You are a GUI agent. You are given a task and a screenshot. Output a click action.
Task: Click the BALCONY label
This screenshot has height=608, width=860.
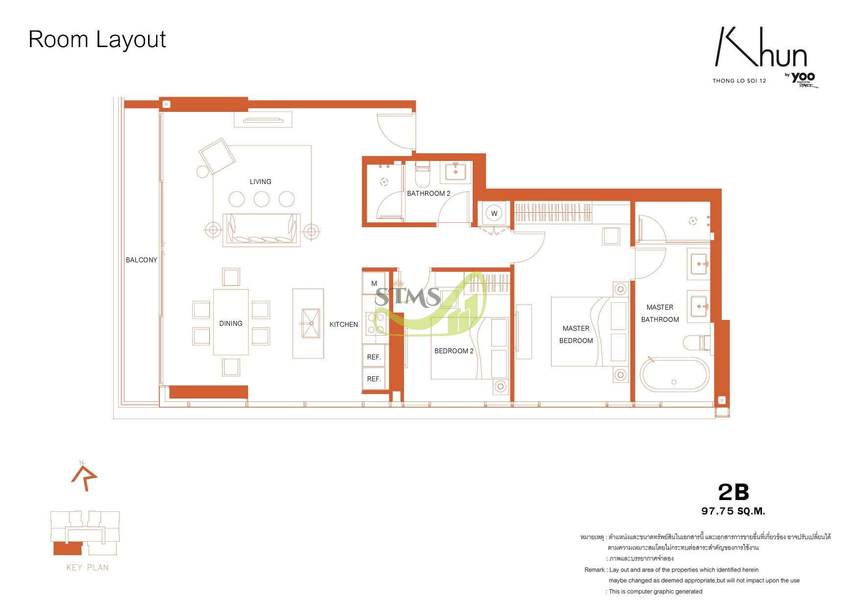pyautogui.click(x=141, y=260)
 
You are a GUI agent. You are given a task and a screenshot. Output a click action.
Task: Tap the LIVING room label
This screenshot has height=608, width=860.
pyautogui.click(x=260, y=182)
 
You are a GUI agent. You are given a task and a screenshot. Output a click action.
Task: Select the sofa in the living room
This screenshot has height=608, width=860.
pyautogui.click(x=261, y=229)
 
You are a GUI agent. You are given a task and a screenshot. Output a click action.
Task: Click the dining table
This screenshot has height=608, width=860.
pyautogui.click(x=231, y=322)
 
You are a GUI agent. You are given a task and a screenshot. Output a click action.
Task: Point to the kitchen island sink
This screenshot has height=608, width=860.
pyautogui.click(x=310, y=323)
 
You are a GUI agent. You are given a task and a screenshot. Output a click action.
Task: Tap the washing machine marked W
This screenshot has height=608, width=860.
pyautogui.click(x=494, y=213)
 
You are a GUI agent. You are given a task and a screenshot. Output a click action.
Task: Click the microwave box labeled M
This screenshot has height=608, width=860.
pyautogui.click(x=374, y=283)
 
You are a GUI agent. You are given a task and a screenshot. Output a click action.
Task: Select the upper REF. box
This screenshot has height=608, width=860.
pyautogui.click(x=374, y=357)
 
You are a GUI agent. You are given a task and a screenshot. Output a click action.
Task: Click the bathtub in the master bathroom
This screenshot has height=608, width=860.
pyautogui.click(x=675, y=375)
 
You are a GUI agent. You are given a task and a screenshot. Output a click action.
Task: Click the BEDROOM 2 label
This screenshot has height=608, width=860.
pyautogui.click(x=454, y=351)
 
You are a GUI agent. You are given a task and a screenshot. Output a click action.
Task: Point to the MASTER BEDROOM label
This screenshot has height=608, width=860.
pyautogui.click(x=576, y=334)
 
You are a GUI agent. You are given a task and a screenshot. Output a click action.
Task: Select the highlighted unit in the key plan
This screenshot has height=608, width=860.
pyautogui.click(x=66, y=548)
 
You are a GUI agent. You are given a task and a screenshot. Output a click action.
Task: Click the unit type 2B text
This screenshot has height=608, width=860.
pyautogui.click(x=734, y=491)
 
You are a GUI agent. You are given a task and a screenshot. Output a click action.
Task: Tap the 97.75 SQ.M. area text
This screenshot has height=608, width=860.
pyautogui.click(x=733, y=511)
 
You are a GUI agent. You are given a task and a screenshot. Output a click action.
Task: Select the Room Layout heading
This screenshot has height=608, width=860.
pyautogui.click(x=97, y=39)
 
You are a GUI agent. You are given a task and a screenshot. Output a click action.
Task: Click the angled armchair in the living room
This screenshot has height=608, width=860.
pyautogui.click(x=217, y=156)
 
